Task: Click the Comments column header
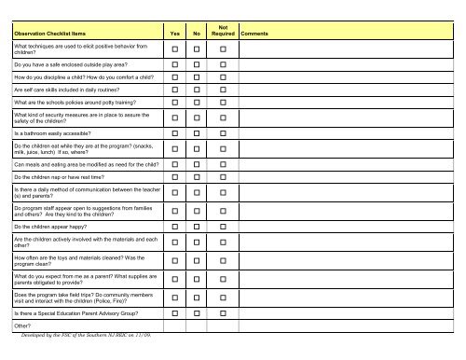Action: click(256, 33)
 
